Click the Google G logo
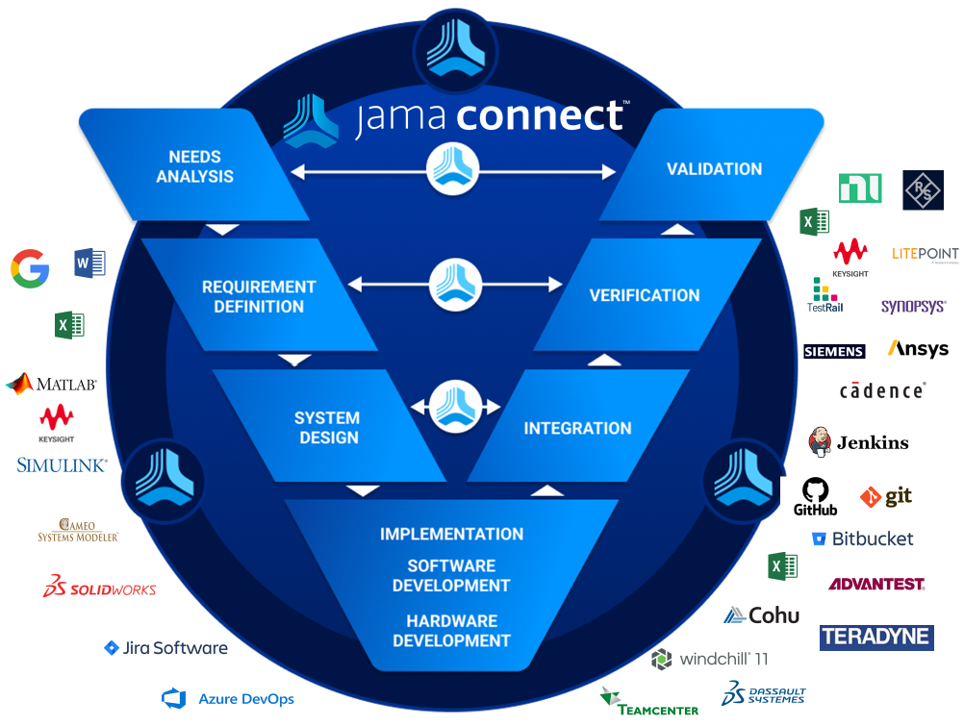pyautogui.click(x=30, y=268)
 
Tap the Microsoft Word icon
pyautogui.click(x=89, y=263)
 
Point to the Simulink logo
pyautogui.click(x=62, y=465)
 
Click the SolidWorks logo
pyautogui.click(x=99, y=587)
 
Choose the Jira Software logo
pyautogui.click(x=165, y=648)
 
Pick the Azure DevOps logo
pyautogui.click(x=228, y=699)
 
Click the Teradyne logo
pyautogui.click(x=876, y=637)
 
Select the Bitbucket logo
pyautogui.click(x=863, y=538)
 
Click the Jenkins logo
pyautogui.click(x=859, y=442)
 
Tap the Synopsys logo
pyautogui.click(x=913, y=307)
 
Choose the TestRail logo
pyautogui.click(x=824, y=294)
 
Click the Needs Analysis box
pyautogui.click(x=194, y=166)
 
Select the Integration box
pyautogui.click(x=577, y=428)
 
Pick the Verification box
pyautogui.click(x=645, y=295)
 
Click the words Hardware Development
pyautogui.click(x=451, y=631)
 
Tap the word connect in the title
pyautogui.click(x=540, y=116)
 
